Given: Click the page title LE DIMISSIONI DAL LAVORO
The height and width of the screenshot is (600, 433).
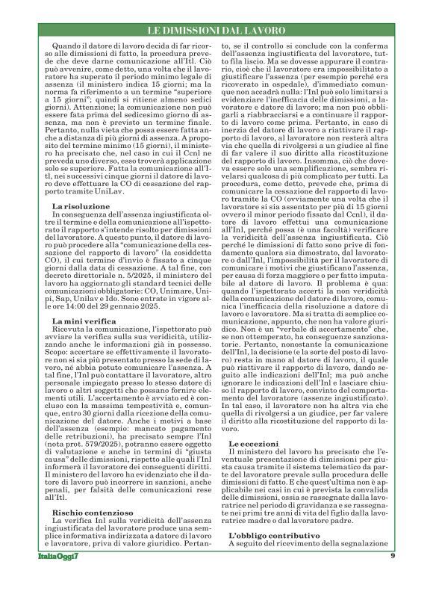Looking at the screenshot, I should tap(216, 30).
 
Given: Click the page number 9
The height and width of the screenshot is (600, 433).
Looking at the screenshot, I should tap(392, 578).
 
